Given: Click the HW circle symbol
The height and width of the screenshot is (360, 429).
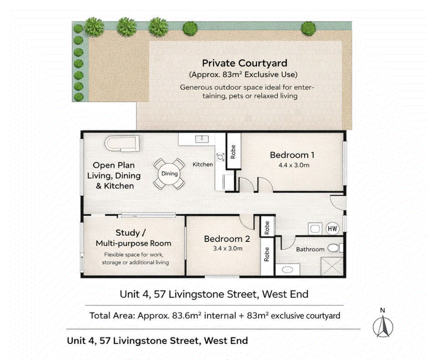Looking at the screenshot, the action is (332, 229).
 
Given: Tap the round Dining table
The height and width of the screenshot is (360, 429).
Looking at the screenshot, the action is (169, 174).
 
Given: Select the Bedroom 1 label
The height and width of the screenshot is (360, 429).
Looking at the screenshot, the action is (292, 155).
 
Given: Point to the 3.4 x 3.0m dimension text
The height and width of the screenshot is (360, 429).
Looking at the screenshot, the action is (227, 248).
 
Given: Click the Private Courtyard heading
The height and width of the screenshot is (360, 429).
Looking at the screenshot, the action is (245, 63).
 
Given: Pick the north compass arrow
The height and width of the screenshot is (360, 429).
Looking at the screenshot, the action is (383, 326).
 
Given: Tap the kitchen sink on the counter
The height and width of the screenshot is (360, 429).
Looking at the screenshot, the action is (202, 139).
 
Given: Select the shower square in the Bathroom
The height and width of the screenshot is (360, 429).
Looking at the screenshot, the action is (332, 266).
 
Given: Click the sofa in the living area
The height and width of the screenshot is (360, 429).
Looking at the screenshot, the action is (122, 143).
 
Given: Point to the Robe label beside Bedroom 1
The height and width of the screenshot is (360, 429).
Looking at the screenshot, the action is (233, 152).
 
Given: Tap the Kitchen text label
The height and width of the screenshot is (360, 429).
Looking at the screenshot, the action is (203, 164).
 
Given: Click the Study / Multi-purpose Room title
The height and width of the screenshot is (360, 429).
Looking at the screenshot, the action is (133, 238).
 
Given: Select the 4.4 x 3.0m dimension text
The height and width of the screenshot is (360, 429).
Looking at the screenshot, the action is (294, 165).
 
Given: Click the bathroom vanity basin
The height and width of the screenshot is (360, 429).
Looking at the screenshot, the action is (287, 270).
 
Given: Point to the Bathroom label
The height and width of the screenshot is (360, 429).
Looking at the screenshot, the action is (310, 249).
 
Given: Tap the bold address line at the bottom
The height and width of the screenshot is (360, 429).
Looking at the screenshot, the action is (157, 341).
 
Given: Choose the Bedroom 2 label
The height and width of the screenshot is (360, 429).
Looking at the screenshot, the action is (227, 239).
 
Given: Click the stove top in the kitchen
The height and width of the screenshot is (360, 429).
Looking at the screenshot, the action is (220, 157).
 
